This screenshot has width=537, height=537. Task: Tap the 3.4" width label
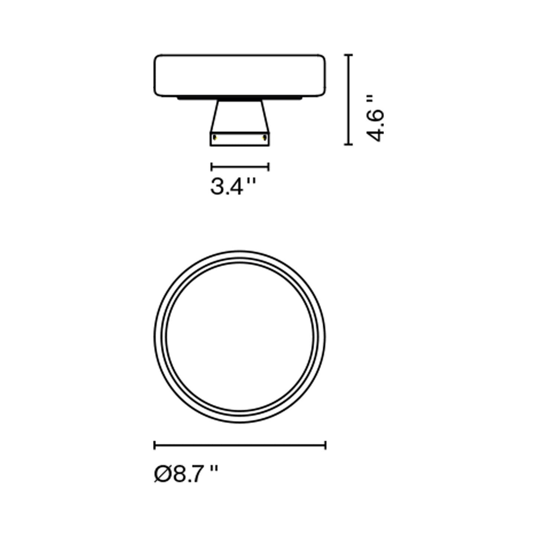pyautogui.click(x=233, y=187)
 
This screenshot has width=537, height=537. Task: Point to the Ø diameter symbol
pyautogui.click(x=162, y=474)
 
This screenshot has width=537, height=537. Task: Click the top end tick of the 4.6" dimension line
pyautogui.click(x=348, y=55)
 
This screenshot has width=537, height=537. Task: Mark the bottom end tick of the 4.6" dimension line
pyautogui.click(x=348, y=144)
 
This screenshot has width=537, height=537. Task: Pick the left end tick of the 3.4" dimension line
pyautogui.click(x=211, y=167)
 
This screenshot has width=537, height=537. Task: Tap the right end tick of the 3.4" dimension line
pyautogui.click(x=268, y=167)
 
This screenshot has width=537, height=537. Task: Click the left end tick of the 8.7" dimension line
pyautogui.click(x=155, y=445)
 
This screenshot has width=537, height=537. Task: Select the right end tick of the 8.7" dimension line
pyautogui.click(x=326, y=445)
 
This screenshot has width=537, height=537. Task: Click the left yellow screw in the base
pyautogui.click(x=215, y=138)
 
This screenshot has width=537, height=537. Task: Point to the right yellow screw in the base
pyautogui.click(x=265, y=138)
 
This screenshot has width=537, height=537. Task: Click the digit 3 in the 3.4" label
pyautogui.click(x=217, y=187)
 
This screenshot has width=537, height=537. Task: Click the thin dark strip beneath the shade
pyautogui.click(x=240, y=98)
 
